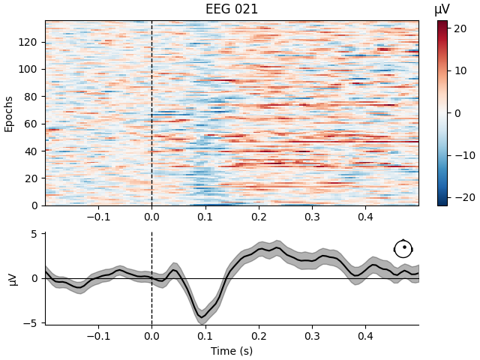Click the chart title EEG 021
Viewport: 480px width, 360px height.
pyautogui.click(x=232, y=10)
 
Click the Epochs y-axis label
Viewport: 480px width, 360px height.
pyautogui.click(x=9, y=112)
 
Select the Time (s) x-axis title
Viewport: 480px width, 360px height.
pyautogui.click(x=232, y=351)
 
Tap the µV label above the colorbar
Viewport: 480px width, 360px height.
pyautogui.click(x=442, y=10)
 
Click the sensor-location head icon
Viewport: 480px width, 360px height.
pyautogui.click(x=403, y=249)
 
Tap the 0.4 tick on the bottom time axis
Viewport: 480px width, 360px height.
pyautogui.click(x=365, y=337)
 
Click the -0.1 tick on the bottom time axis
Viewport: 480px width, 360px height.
pyautogui.click(x=98, y=337)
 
